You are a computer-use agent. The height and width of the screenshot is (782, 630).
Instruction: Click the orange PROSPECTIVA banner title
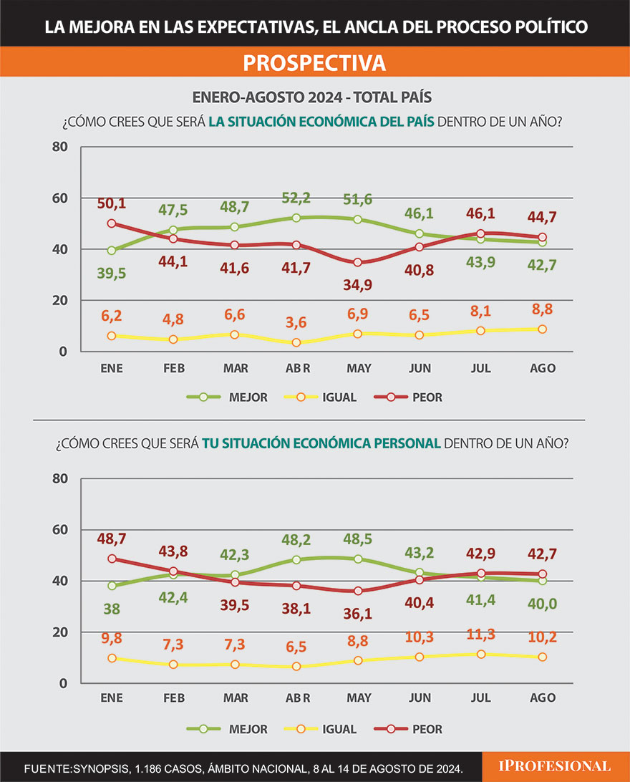point(314,63)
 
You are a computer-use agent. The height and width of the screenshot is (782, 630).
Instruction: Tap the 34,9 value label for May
point(358,285)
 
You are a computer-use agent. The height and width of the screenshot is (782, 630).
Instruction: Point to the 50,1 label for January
point(112,204)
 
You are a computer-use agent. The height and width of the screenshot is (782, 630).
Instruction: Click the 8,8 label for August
point(541,310)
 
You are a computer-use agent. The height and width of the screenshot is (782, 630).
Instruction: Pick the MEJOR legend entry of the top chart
point(227,397)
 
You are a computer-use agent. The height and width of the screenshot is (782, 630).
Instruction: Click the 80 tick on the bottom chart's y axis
point(60,478)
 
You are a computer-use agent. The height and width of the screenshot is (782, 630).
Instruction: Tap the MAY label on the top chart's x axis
point(358,368)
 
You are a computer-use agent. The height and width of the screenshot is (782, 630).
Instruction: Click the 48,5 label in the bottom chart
point(358,537)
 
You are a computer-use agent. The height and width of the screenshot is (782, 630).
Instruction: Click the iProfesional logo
point(555,766)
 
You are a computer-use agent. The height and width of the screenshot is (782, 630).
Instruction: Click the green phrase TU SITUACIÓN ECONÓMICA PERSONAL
point(321,443)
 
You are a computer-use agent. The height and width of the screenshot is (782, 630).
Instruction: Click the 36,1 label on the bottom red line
point(358,615)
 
